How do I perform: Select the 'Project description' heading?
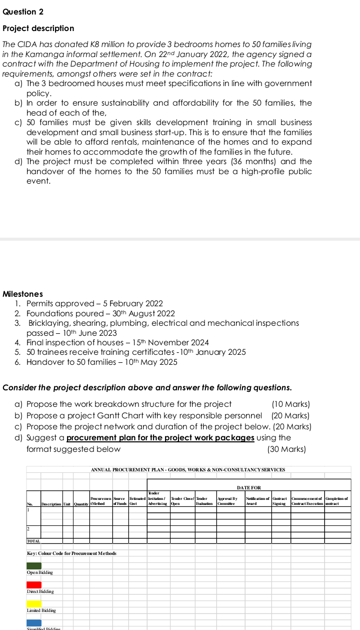click(x=38, y=29)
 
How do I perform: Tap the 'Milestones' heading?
click(x=22, y=294)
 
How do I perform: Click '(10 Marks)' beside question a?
click(x=290, y=404)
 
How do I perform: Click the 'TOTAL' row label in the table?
click(x=33, y=541)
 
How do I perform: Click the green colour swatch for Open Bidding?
click(x=34, y=565)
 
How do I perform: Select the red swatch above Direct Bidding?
click(x=34, y=584)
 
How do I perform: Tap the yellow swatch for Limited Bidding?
click(x=34, y=603)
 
